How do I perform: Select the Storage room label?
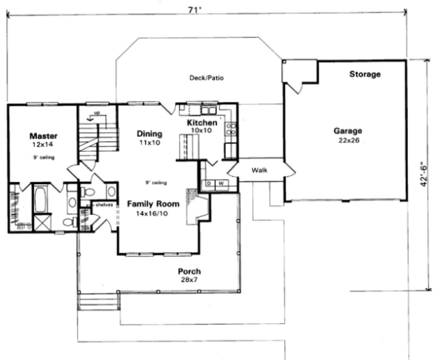pos(365,74)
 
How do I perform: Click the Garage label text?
pos(348,131)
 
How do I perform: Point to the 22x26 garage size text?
pos(348,140)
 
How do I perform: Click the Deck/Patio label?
pos(207,78)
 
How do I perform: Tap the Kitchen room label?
pos(202,123)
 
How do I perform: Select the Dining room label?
pos(149,133)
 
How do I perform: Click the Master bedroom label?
pos(43,136)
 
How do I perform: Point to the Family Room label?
pos(153,204)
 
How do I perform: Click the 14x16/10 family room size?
pos(153,214)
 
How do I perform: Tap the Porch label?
pos(189,271)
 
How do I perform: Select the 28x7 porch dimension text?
pos(189,280)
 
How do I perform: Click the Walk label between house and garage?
pos(259,170)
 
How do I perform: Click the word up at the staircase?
pos(98,113)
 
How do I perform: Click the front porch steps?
pos(99,301)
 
